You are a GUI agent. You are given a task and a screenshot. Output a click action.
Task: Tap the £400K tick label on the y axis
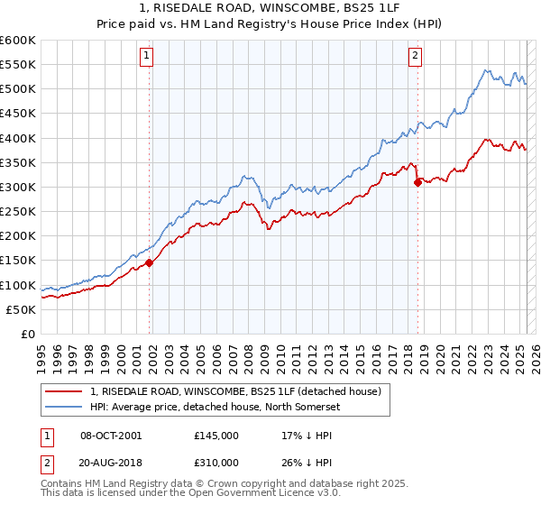[x=17, y=138]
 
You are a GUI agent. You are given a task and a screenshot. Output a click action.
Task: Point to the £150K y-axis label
[x=17, y=261]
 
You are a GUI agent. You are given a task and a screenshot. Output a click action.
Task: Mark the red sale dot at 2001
[x=150, y=262]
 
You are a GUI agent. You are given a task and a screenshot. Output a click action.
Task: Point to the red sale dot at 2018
[x=417, y=182]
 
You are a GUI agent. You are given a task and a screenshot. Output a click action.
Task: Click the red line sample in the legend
[x=65, y=391]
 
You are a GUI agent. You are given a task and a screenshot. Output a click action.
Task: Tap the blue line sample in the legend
[x=65, y=406]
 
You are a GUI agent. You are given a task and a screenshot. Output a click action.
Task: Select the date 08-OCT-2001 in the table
[x=112, y=435]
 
